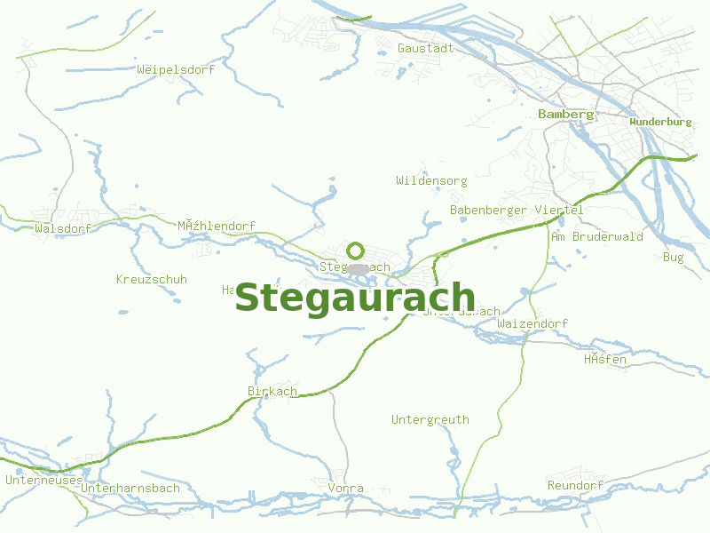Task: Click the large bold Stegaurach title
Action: (355, 298)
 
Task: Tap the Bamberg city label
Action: (565, 115)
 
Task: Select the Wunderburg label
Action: (659, 122)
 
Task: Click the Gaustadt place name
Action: (425, 48)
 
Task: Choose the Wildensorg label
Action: (431, 181)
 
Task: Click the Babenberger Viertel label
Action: (517, 211)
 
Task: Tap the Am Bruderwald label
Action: (596, 237)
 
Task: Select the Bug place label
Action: (674, 258)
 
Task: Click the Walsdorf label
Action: (63, 229)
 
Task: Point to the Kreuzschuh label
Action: (152, 280)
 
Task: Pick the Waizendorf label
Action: (532, 324)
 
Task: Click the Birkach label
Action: (272, 392)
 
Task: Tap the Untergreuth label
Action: (430, 420)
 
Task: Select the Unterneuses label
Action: (43, 481)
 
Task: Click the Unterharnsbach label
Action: (130, 489)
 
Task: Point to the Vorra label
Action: (345, 489)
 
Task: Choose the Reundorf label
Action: (575, 486)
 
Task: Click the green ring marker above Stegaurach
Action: (356, 251)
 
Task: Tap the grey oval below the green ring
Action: (358, 268)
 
